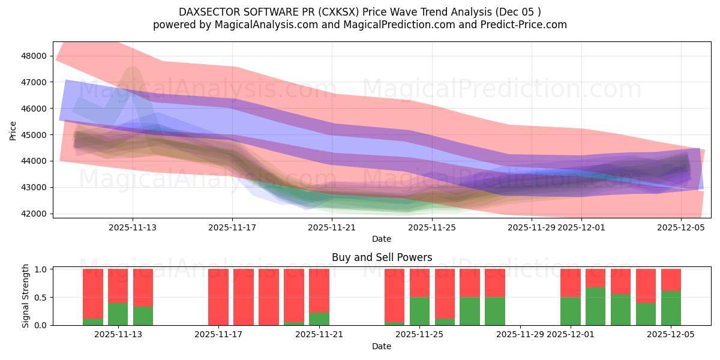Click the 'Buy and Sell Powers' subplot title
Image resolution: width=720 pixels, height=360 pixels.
coord(382,257)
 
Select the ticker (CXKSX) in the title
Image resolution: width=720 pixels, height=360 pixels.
coord(345,12)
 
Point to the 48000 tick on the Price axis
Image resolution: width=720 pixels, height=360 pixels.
coord(34,56)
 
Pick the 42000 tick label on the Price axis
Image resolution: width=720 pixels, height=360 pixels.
coord(34,214)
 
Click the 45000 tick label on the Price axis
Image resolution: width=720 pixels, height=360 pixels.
coord(34,135)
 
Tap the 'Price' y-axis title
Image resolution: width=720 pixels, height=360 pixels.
coord(13,131)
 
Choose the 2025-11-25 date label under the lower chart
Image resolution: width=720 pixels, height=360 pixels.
coord(419,334)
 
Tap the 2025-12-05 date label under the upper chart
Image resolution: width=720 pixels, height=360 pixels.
coord(681,227)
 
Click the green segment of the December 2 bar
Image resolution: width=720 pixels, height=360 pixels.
coord(596,306)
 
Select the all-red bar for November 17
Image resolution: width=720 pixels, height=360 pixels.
coord(218,297)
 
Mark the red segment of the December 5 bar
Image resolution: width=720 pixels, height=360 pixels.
coord(671,280)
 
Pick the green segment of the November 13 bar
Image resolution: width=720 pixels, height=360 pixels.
coord(143,316)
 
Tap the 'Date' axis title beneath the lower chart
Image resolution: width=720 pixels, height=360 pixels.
coord(382,346)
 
